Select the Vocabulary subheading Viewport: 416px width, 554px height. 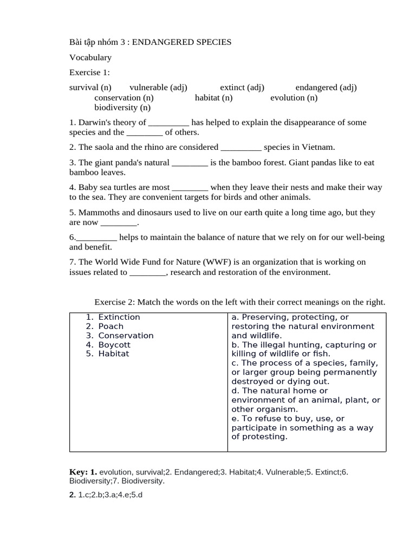tap(90, 57)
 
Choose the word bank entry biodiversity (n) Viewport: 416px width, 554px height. tap(122, 108)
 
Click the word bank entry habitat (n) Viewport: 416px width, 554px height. tap(213, 98)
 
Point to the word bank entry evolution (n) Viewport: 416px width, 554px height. tap(294, 98)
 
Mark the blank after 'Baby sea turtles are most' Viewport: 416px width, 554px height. tap(190, 188)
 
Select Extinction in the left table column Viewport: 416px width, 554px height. tap(119, 317)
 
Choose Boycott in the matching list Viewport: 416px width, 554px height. tap(114, 345)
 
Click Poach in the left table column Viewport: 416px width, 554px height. tap(111, 326)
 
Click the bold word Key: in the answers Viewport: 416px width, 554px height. tap(79, 472)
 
